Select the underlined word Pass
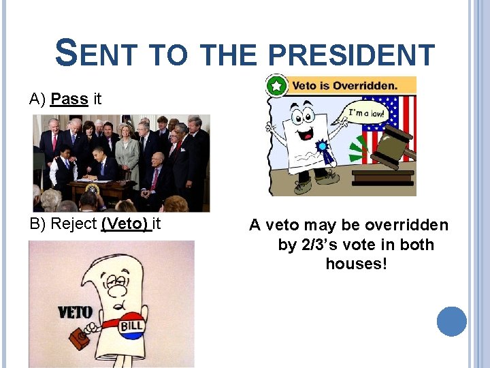[x=69, y=99]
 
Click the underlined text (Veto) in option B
[x=125, y=224]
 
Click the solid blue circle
[x=451, y=321]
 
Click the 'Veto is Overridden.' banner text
[x=344, y=87]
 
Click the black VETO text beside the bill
[x=75, y=313]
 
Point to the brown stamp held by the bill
[x=81, y=339]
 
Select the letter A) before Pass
[x=37, y=99]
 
